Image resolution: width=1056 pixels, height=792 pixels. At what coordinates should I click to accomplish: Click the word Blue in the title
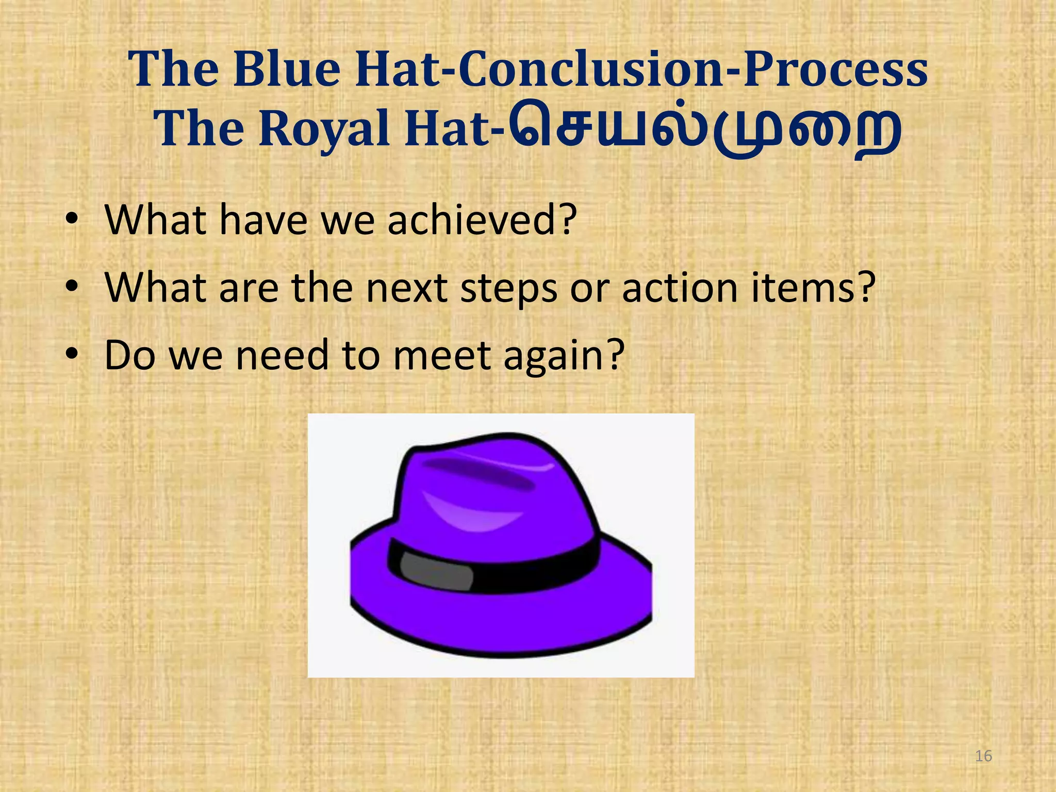[x=286, y=70]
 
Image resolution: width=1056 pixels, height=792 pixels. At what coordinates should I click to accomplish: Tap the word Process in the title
[x=835, y=70]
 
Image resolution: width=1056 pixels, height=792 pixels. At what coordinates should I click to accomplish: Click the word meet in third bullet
[x=441, y=356]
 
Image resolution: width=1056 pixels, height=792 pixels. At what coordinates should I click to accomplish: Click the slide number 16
[x=983, y=756]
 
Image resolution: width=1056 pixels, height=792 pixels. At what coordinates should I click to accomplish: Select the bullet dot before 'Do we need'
[x=72, y=356]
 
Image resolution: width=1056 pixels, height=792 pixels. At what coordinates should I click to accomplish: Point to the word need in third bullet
[x=282, y=356]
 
